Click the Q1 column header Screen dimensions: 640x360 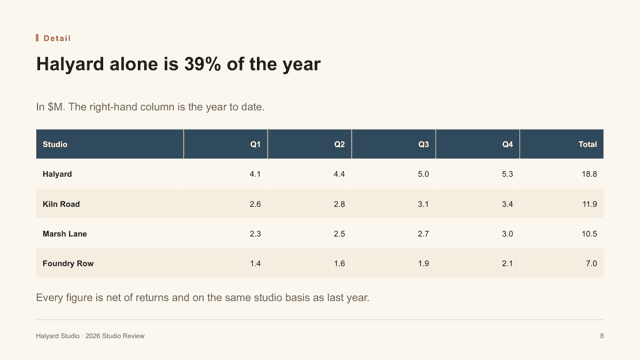(255, 144)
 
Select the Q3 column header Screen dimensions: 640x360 (423, 144)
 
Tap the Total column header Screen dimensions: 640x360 (587, 144)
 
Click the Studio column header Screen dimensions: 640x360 (55, 144)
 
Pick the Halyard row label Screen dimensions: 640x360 (57, 174)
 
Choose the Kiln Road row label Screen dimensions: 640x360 (61, 204)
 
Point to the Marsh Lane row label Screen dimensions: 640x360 (64, 233)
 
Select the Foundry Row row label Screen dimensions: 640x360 (68, 263)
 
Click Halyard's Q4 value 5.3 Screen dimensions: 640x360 (507, 174)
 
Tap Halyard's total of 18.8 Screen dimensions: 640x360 (589, 174)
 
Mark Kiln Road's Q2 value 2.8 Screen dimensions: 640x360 (339, 204)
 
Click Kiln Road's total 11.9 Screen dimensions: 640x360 (589, 204)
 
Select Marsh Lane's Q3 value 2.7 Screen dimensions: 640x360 (423, 233)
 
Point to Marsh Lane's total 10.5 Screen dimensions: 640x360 (589, 233)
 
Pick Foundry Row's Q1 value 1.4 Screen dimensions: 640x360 (255, 263)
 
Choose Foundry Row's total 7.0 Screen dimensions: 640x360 (591, 263)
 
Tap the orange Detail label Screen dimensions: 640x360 (57, 38)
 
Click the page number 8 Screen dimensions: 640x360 (602, 336)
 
